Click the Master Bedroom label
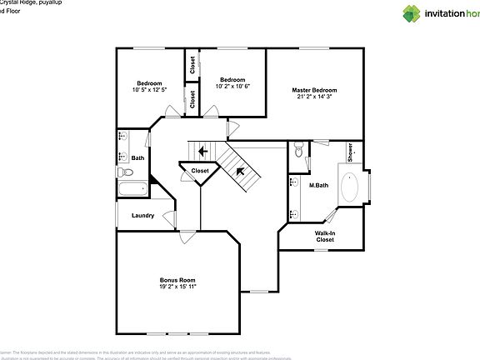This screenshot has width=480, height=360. point(314,89)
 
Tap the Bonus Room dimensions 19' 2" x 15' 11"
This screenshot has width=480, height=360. point(177,286)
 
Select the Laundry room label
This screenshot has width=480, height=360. point(142,216)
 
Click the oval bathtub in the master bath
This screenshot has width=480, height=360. point(352,187)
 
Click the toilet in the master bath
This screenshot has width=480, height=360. point(299,151)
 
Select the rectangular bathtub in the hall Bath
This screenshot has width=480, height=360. point(132,189)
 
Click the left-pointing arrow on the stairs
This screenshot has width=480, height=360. point(202,151)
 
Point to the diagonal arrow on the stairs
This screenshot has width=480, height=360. point(241,172)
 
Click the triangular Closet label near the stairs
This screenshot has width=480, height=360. point(200,171)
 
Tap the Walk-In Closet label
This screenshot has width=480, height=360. point(325,236)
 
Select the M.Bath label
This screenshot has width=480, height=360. point(317,185)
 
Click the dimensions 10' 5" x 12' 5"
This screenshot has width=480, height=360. point(151,89)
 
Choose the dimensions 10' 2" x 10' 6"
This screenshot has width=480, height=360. point(232,86)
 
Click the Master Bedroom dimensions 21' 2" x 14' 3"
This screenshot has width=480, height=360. point(314,97)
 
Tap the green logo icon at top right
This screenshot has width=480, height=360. point(412,13)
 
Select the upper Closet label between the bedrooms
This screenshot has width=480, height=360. point(192,65)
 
